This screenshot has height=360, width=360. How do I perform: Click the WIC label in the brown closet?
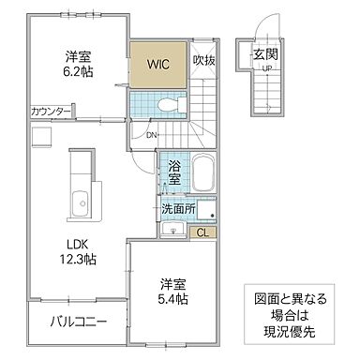coord(158,64)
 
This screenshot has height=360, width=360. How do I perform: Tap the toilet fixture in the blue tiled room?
coord(172,104)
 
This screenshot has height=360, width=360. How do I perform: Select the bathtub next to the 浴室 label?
coord(203,172)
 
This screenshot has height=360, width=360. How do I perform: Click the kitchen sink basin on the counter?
coord(81,203)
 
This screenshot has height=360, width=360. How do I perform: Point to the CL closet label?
coord(203,232)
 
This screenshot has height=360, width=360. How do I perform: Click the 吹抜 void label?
coord(203,60)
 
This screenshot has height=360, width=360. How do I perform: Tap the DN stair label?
coord(152,135)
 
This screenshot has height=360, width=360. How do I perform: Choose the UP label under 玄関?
coord(266,68)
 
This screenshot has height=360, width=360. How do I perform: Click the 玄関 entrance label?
coord(265,55)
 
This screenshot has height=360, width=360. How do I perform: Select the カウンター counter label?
coord(51,111)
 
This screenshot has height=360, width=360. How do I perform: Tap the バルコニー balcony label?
coord(79,321)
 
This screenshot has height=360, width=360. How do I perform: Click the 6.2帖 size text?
coord(78,72)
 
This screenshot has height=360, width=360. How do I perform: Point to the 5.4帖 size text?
coord(172,299)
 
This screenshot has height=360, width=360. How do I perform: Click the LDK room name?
coord(78,244)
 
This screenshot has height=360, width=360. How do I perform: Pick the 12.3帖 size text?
coord(78,259)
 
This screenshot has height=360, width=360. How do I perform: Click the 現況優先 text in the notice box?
coord(289,332)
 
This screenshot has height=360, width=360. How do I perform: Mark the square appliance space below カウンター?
coord(42,136)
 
